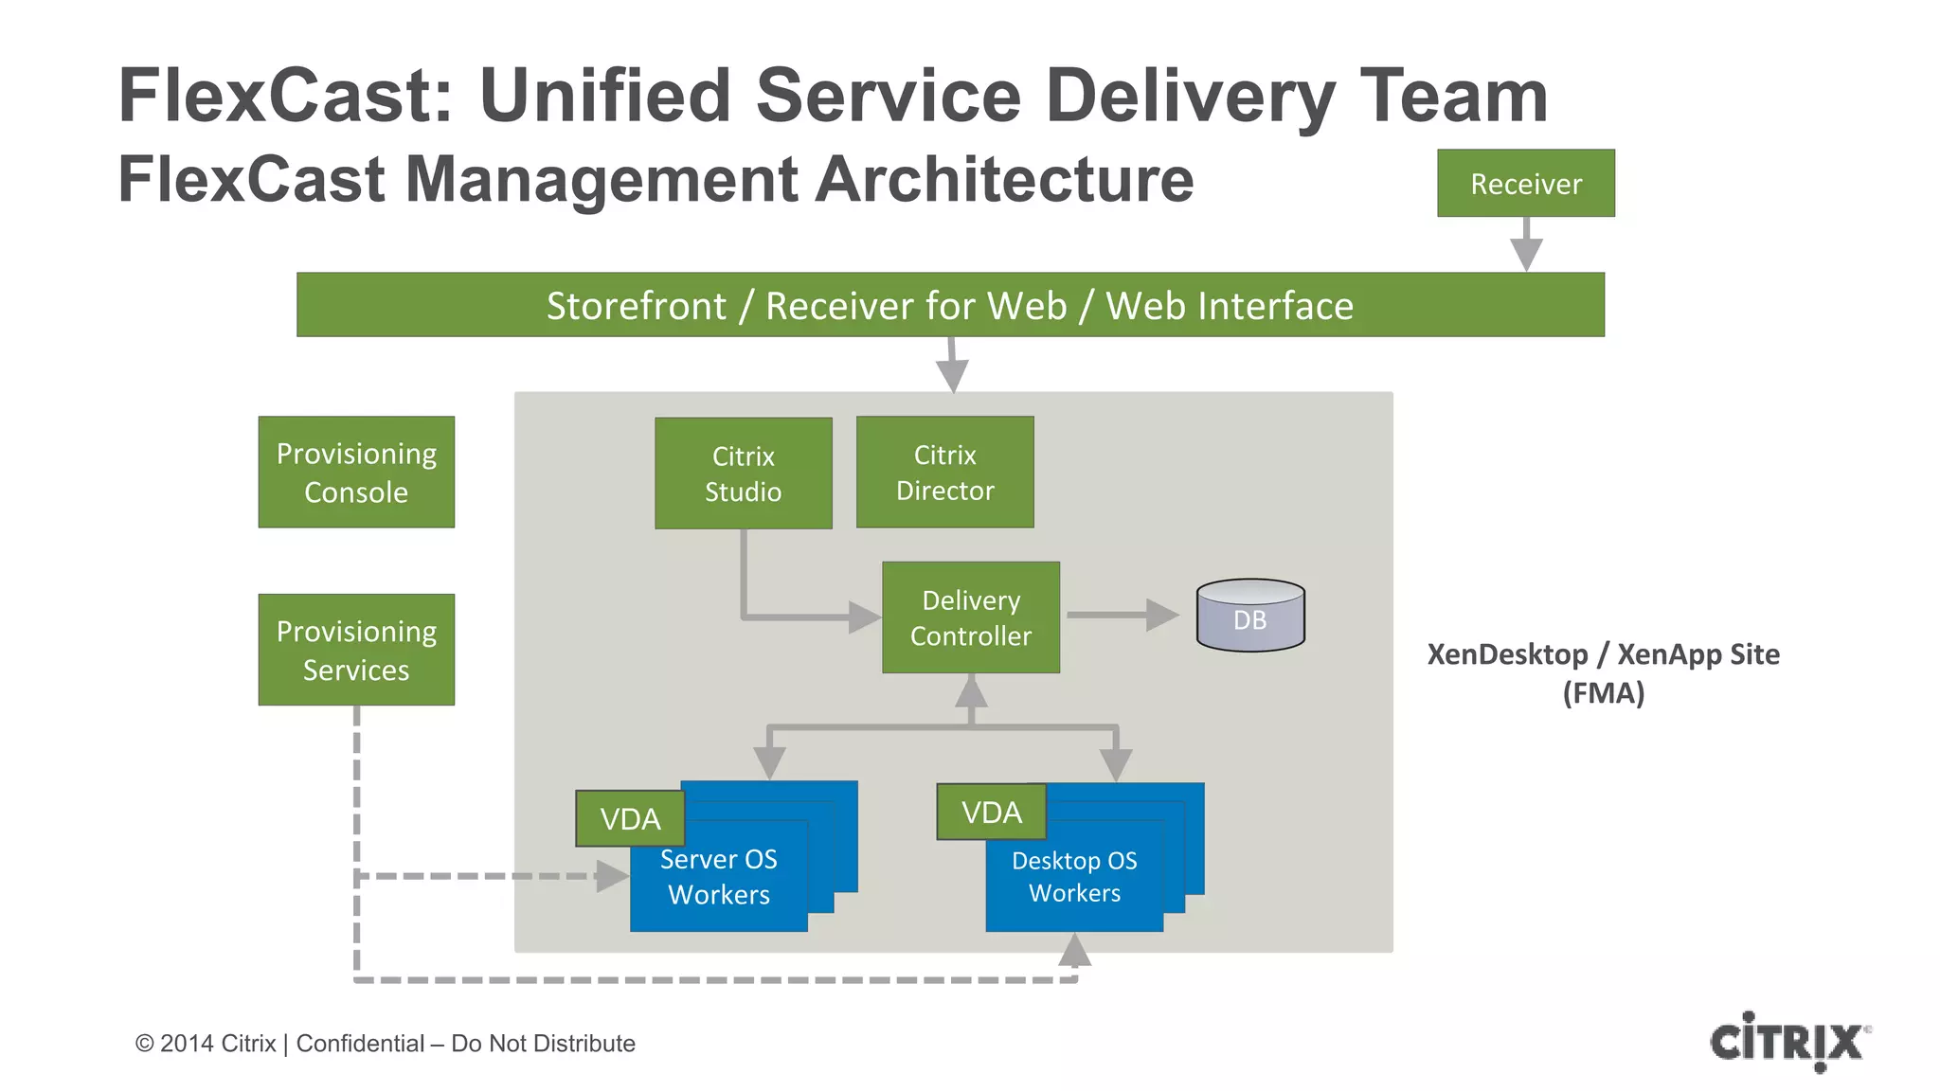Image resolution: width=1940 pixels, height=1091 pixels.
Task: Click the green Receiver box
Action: tap(1525, 183)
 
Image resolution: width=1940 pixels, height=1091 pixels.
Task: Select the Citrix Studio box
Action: tap(743, 474)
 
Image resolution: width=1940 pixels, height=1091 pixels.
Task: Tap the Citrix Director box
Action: tap(944, 472)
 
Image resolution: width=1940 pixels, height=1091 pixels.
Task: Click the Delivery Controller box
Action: tap(970, 617)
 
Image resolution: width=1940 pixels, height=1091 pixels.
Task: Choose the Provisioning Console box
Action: tap(356, 472)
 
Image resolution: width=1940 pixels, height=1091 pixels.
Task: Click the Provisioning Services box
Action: tap(356, 650)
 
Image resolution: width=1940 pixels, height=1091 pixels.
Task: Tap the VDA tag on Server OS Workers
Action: tap(630, 818)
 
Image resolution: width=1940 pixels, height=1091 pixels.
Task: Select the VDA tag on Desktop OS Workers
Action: tap(991, 812)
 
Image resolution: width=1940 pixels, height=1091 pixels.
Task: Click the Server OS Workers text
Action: tap(718, 877)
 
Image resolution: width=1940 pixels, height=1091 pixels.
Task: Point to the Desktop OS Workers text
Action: tap(1074, 877)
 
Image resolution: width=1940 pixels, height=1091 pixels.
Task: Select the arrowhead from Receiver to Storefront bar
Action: tap(1526, 254)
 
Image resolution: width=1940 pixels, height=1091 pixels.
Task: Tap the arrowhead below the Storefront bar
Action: tap(952, 376)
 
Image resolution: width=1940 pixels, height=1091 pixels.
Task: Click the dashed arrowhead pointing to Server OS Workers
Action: tap(611, 876)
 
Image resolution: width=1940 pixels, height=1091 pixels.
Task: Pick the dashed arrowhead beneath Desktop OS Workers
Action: tap(1074, 950)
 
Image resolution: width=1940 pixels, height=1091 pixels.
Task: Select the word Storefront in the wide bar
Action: tap(636, 306)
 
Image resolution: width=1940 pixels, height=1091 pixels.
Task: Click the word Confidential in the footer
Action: tap(360, 1044)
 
